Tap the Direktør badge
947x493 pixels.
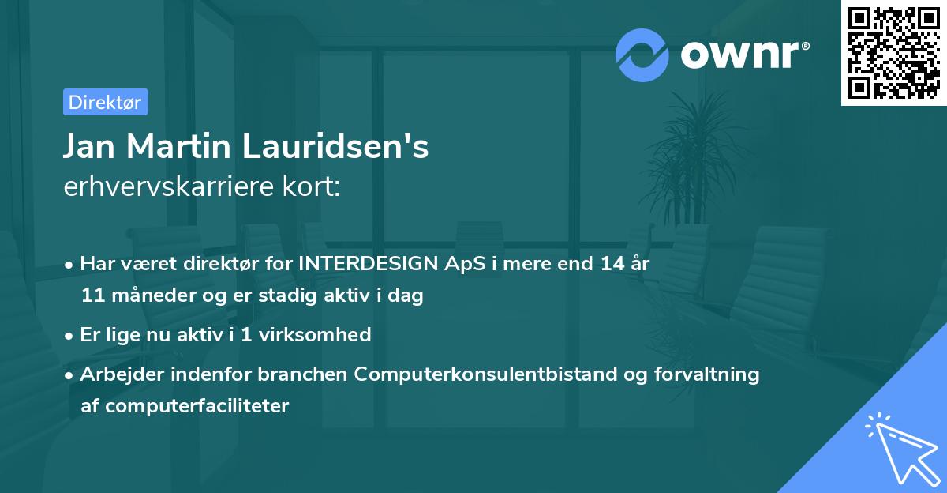coord(105,102)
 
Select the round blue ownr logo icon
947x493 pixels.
coord(642,55)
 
